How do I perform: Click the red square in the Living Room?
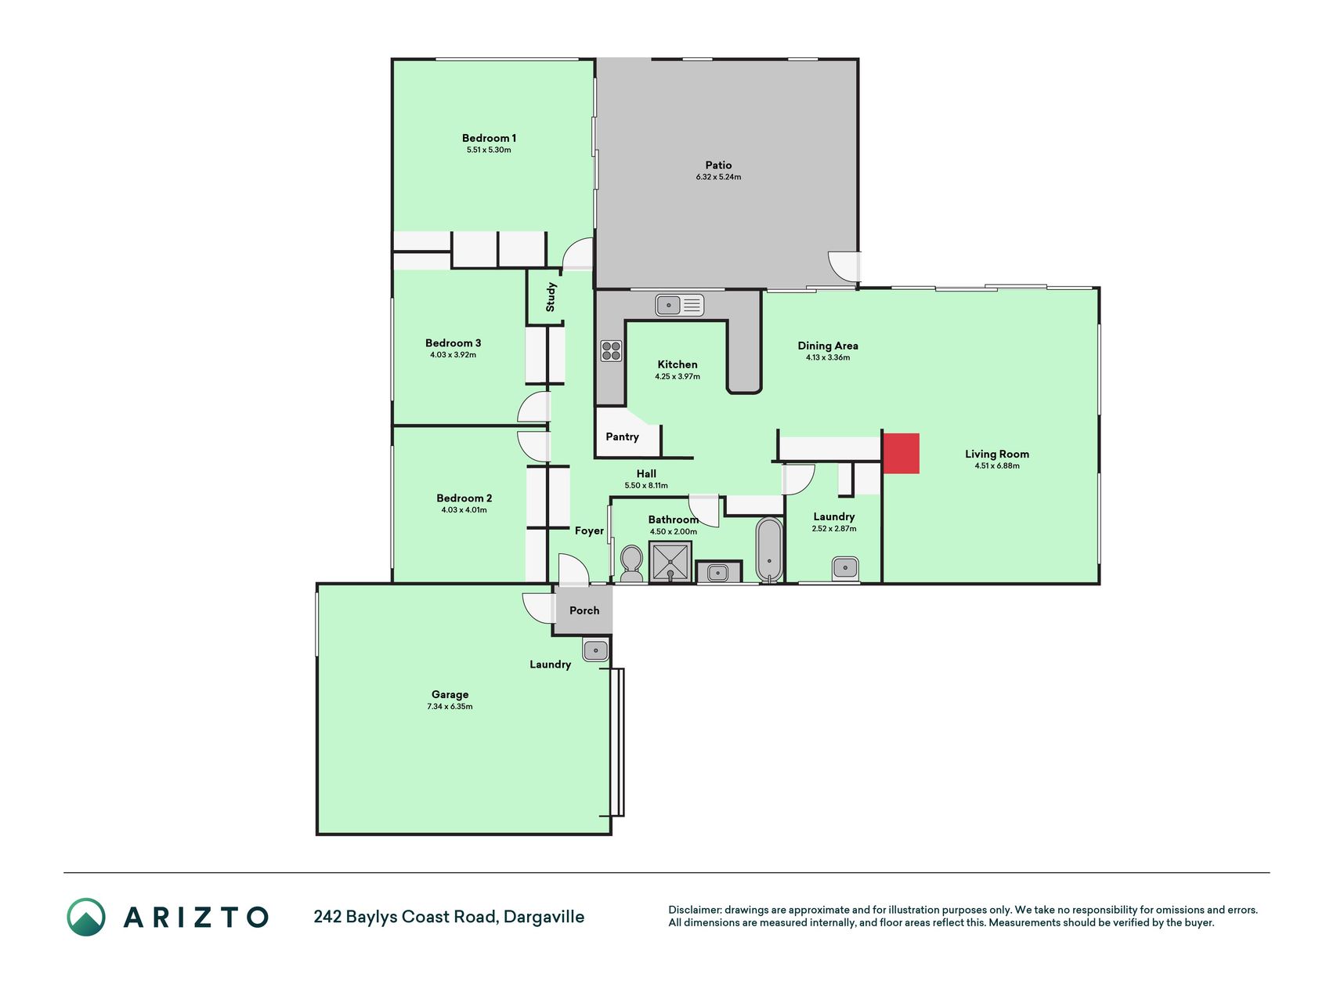901,453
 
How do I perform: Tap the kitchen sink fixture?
680,304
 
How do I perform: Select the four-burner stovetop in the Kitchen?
611,350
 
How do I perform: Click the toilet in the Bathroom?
631,563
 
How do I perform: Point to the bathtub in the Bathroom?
769,549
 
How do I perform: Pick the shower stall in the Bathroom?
670,562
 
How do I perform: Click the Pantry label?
622,436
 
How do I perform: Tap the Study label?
551,297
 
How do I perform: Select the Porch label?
584,610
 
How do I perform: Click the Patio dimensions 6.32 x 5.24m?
718,177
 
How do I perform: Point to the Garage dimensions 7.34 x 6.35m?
450,707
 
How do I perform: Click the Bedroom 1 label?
489,138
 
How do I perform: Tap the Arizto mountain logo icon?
85,917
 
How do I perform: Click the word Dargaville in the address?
544,917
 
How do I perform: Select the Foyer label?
589,531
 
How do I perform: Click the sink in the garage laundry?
595,650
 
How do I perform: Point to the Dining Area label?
828,346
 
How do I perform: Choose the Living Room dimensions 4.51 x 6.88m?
997,465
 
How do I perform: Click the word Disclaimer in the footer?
694,910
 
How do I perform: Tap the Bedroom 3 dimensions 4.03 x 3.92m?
453,355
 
